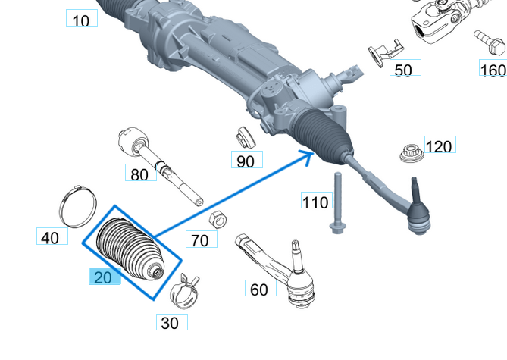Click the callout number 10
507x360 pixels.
pyautogui.click(x=82, y=20)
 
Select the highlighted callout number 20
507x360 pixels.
pyautogui.click(x=103, y=277)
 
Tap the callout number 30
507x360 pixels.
pyautogui.click(x=171, y=323)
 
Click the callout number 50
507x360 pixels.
pyautogui.click(x=405, y=70)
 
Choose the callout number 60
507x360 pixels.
pyautogui.click(x=259, y=289)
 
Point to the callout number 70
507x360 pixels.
pyautogui.click(x=200, y=240)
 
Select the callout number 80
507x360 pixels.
pyautogui.click(x=139, y=174)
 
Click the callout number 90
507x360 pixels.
pyautogui.click(x=246, y=161)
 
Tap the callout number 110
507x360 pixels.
pyautogui.click(x=316, y=202)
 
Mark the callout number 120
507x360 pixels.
pyautogui.click(x=438, y=146)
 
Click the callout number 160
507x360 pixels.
pyautogui.click(x=493, y=70)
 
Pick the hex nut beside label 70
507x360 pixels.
pyautogui.click(x=215, y=219)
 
